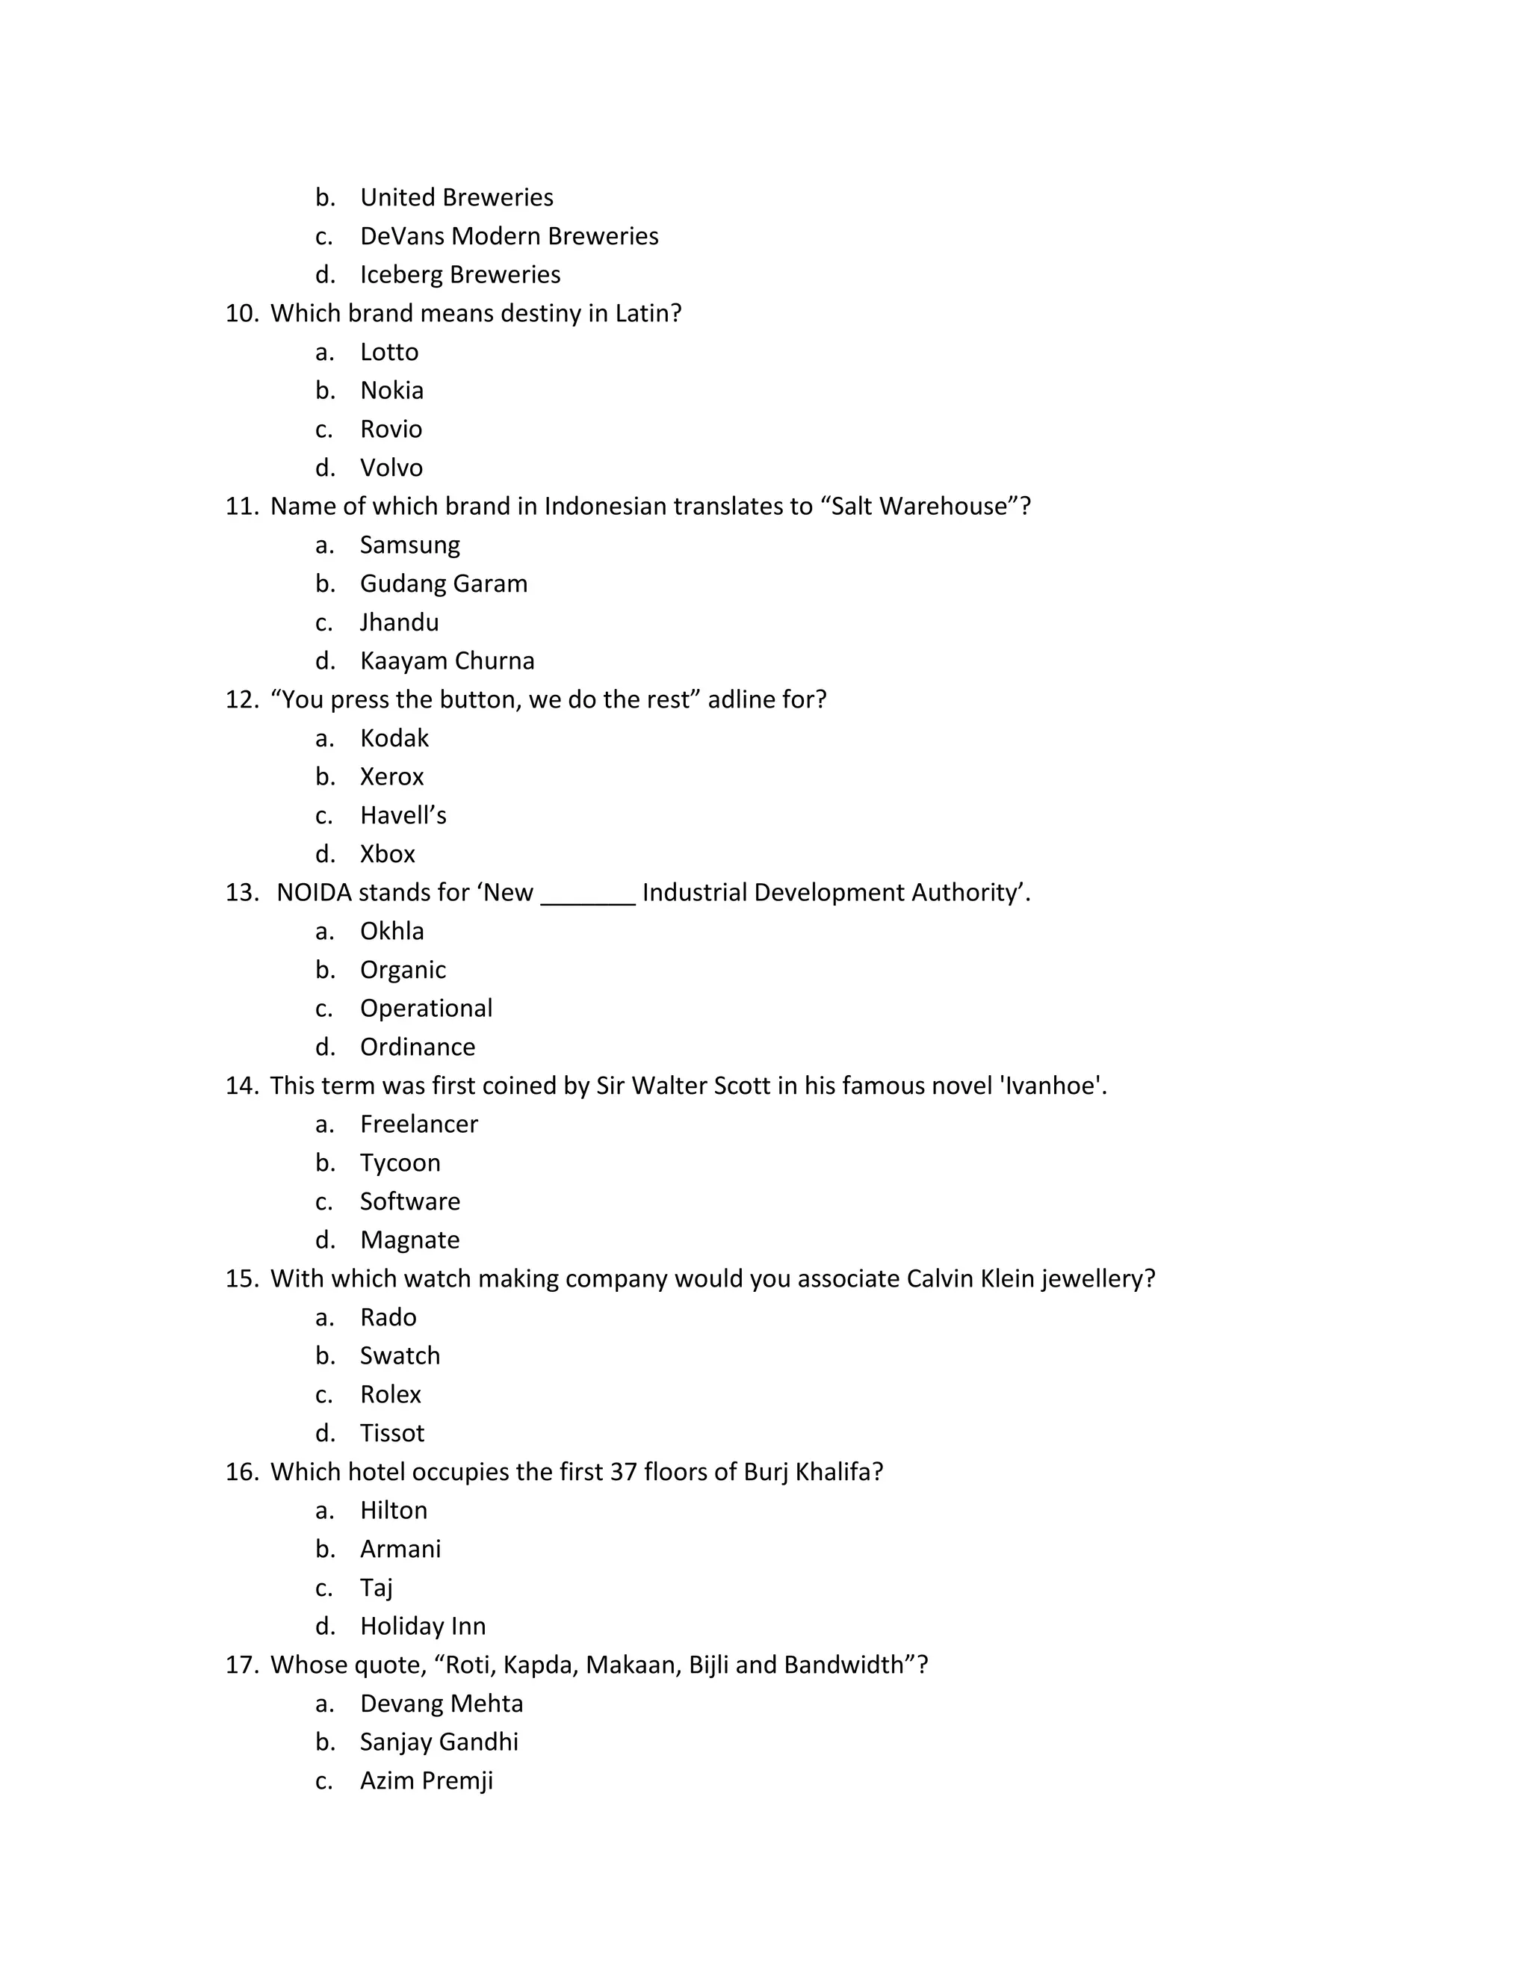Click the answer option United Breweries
456,198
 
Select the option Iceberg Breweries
459,275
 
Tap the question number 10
241,314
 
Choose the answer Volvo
391,468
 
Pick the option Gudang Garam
443,584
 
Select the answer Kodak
394,738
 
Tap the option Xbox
387,854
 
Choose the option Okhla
391,931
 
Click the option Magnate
409,1240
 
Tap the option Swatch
400,1355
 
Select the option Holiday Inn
422,1626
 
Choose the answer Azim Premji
426,1781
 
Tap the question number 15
241,1279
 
